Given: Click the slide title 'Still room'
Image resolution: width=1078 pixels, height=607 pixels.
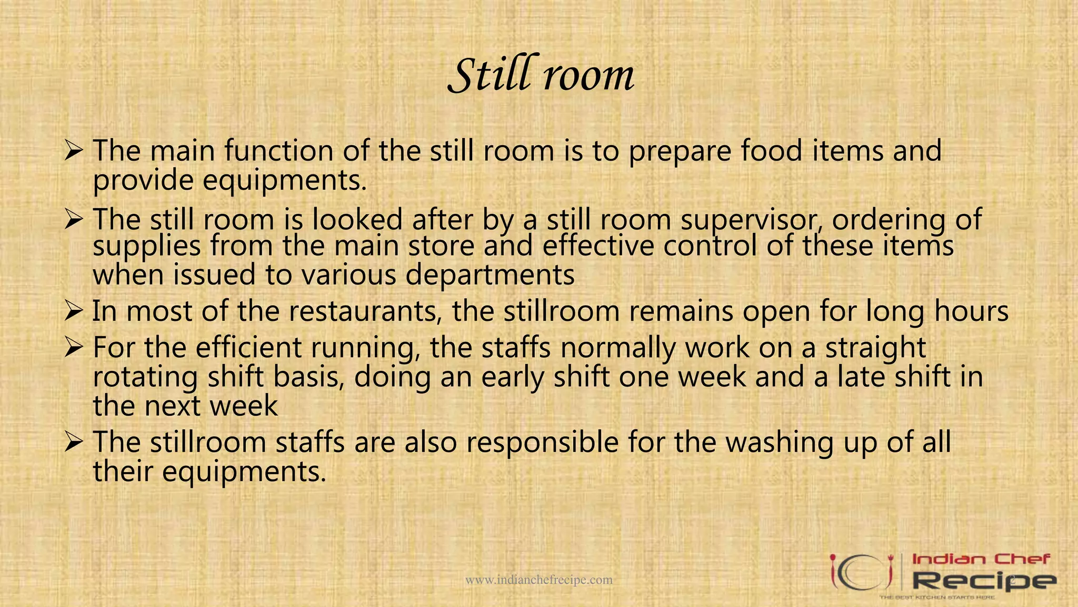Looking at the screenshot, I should pyautogui.click(x=541, y=75).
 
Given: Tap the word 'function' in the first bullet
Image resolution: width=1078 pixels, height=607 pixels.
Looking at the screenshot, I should pyautogui.click(x=279, y=151).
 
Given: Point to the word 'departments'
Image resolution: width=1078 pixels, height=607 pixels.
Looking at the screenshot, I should pyautogui.click(x=490, y=275).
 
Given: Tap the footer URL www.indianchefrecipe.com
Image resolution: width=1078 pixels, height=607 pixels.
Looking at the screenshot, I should pyautogui.click(x=539, y=580).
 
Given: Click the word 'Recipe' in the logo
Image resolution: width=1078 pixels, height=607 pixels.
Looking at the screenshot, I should pyautogui.click(x=983, y=581).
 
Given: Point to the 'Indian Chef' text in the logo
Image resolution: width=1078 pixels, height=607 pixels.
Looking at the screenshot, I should pyautogui.click(x=981, y=559).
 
